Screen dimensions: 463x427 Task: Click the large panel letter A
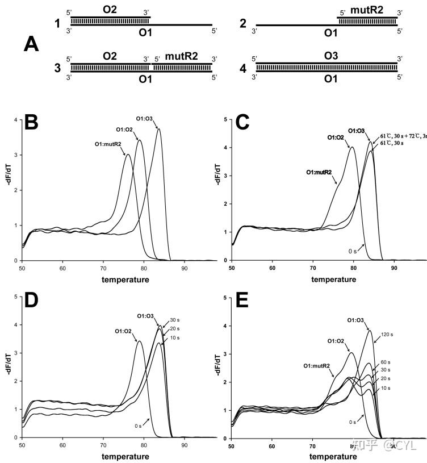32,44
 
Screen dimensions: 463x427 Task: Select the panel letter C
243,122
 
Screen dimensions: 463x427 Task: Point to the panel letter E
243,300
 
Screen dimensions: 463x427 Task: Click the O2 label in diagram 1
110,10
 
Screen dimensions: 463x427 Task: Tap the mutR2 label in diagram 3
181,57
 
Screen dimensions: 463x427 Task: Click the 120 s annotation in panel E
388,334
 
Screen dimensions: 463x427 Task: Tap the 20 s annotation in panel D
174,329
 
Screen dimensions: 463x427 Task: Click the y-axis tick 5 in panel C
225,120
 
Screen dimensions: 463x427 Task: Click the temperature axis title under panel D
126,456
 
